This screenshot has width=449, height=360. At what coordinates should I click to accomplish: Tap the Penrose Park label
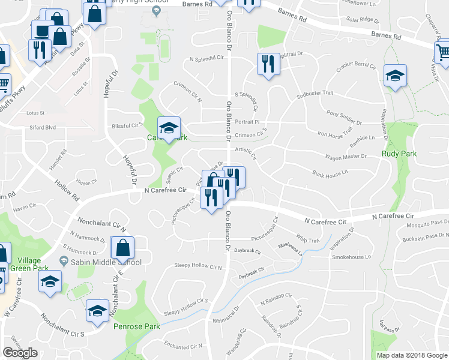[137, 327]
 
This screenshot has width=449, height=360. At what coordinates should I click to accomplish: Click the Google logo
[20, 353]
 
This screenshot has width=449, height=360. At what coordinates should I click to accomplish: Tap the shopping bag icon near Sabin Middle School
[122, 247]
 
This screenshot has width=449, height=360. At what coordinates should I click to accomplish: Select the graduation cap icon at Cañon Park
[169, 128]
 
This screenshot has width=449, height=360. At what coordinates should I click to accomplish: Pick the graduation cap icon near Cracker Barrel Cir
[395, 76]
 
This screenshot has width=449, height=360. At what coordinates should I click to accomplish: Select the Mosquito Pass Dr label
[426, 222]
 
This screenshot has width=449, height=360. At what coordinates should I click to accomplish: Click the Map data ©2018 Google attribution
[412, 355]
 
